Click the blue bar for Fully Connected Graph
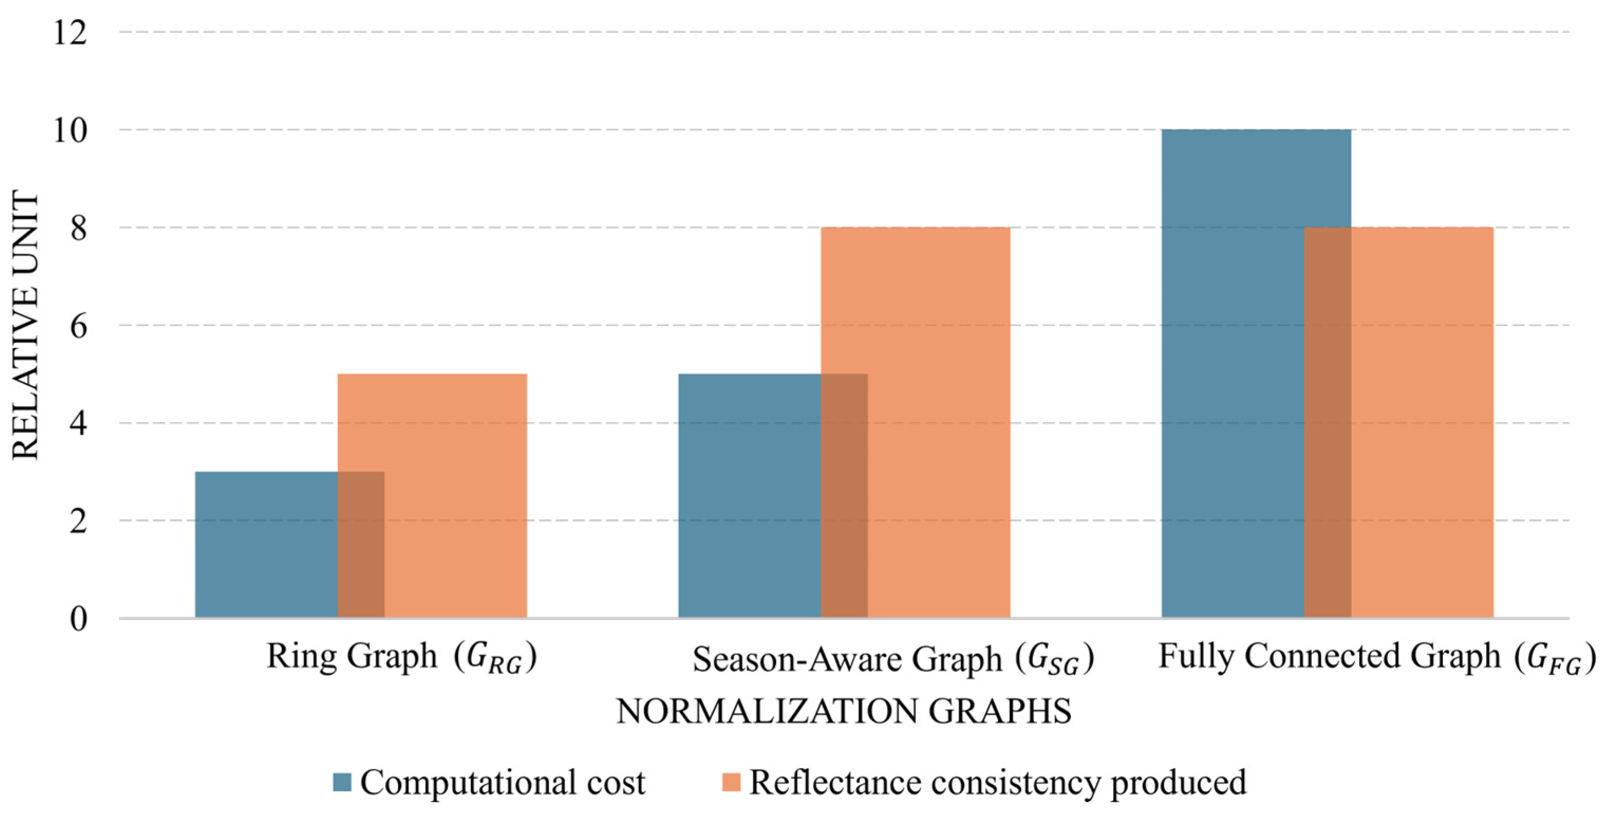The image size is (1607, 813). (1232, 375)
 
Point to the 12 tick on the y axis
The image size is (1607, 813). (70, 32)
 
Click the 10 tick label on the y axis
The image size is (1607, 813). (70, 130)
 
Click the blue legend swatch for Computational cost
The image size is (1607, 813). (342, 782)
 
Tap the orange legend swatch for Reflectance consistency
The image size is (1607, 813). (731, 782)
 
